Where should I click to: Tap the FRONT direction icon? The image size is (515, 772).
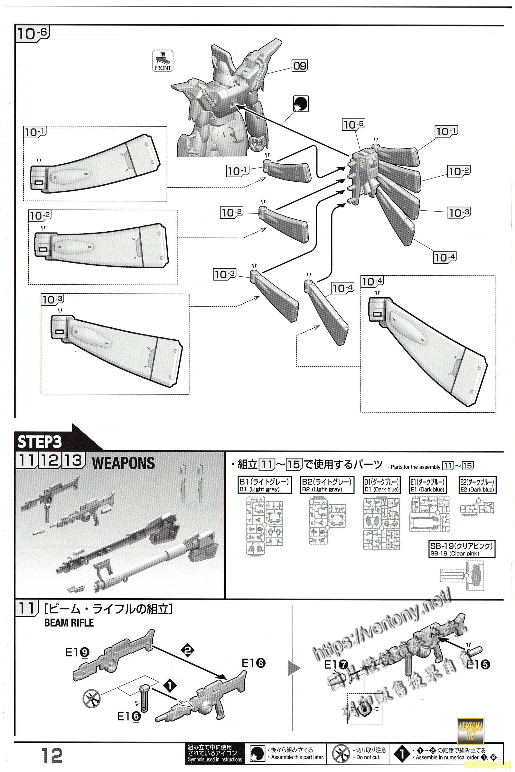(163, 61)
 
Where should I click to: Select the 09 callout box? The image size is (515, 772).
(300, 66)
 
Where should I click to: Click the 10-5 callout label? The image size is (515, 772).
(354, 125)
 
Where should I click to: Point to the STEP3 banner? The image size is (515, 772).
(40, 442)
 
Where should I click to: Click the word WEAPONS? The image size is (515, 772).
(124, 464)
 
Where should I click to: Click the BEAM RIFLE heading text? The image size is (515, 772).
(69, 623)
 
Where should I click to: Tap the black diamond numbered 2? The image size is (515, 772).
(188, 651)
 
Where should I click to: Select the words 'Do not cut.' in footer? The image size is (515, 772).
(368, 758)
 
